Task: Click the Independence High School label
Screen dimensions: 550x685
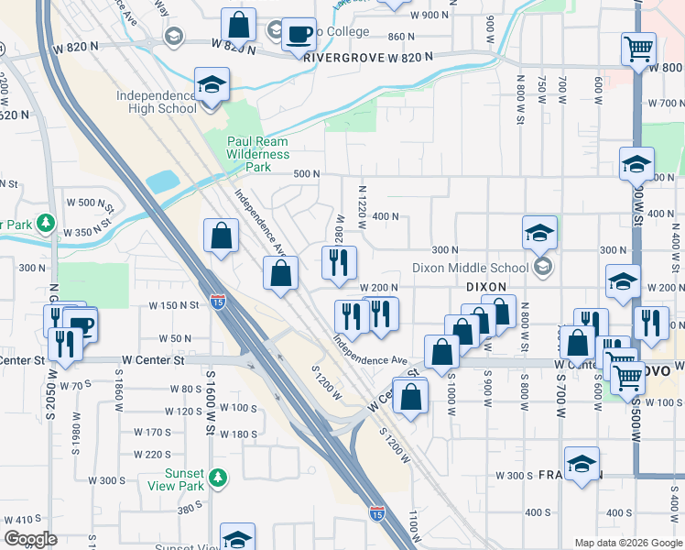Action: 156,102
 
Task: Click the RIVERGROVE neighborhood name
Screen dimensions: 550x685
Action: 343,57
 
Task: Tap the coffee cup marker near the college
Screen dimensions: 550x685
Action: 299,35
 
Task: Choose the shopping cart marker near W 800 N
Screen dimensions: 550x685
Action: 638,48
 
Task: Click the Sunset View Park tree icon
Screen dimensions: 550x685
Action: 218,478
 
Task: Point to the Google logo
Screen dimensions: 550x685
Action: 30,539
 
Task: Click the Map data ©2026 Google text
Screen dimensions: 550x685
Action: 627,543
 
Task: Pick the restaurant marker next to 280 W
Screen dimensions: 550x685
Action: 338,262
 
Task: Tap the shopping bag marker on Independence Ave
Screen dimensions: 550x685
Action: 280,272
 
